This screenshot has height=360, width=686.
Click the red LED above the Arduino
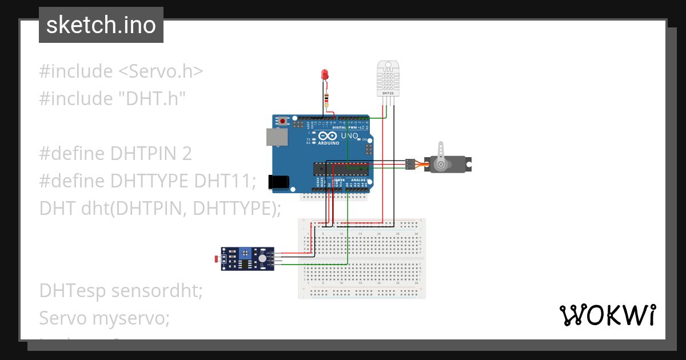pos(325,74)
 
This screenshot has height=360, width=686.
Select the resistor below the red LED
pos(326,101)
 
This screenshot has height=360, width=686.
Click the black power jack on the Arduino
pos(278,182)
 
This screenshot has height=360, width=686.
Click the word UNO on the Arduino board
pos(349,135)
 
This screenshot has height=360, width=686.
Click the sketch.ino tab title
pos(101,25)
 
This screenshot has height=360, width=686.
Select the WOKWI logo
pos(607,315)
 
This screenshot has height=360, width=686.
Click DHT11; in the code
pos(225,181)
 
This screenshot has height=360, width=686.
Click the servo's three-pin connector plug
pos(409,164)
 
